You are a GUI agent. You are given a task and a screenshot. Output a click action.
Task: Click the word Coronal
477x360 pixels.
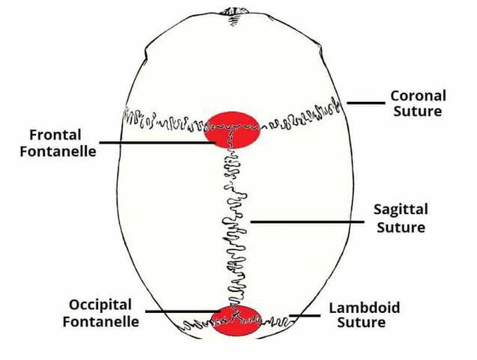[418, 96]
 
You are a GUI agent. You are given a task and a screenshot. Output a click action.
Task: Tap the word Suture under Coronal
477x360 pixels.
[417, 111]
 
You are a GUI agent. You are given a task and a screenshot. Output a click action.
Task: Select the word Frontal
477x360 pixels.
[55, 135]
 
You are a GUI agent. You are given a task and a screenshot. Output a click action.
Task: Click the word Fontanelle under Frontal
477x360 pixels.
[58, 152]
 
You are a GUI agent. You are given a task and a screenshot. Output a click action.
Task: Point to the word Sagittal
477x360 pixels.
[401, 211]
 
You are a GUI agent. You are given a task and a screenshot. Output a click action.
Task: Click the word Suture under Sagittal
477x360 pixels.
[401, 227]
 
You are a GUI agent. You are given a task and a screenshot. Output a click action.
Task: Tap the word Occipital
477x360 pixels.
[100, 305]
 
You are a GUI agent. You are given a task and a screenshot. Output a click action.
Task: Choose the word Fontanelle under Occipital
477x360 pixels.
[101, 321]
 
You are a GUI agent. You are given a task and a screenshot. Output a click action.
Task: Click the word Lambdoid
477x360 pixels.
[365, 307]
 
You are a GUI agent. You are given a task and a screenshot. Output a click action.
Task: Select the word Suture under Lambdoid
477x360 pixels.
[361, 323]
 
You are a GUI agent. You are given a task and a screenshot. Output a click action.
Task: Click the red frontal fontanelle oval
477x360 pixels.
[232, 130]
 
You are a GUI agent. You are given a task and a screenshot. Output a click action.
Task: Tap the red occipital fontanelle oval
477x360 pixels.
[236, 321]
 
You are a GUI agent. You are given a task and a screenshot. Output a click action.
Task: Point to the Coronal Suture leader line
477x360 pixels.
[366, 103]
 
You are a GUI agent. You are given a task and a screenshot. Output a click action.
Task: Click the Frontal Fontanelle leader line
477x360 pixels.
[158, 142]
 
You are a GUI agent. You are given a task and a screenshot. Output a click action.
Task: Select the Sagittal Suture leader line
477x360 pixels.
[307, 222]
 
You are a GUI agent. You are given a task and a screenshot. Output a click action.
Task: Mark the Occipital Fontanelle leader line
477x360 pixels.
[183, 312]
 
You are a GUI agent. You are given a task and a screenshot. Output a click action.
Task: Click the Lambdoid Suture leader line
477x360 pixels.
[304, 316]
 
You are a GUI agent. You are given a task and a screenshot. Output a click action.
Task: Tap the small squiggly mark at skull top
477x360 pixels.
[234, 18]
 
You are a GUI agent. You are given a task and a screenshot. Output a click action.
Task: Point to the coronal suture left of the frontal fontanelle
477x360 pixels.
[164, 119]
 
